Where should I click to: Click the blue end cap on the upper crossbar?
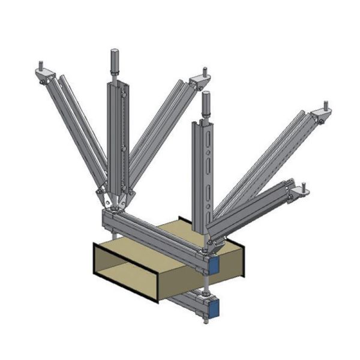pyautogui.click(x=213, y=263)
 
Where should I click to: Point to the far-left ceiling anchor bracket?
pyautogui.click(x=45, y=74)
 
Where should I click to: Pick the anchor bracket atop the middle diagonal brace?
pyautogui.click(x=199, y=80)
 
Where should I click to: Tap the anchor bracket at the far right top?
pyautogui.click(x=322, y=113)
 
